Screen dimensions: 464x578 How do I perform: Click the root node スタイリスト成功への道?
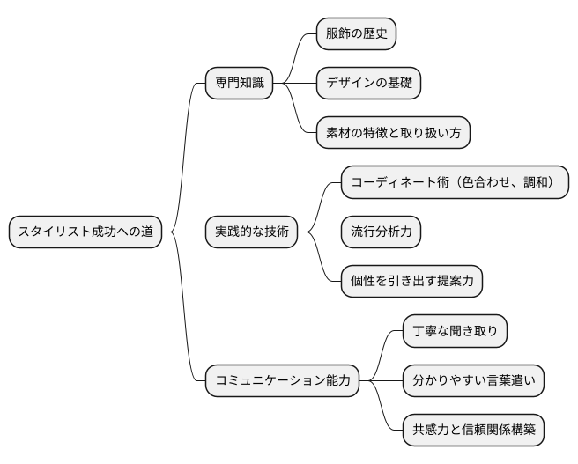[x=85, y=232]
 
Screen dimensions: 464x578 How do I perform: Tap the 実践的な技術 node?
[x=250, y=232]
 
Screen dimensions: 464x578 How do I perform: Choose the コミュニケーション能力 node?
[x=283, y=380]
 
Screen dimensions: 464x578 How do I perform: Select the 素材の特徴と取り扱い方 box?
[x=393, y=133]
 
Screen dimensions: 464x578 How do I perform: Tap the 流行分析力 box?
[x=381, y=232]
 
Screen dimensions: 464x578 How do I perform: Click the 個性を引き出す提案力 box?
[x=411, y=282]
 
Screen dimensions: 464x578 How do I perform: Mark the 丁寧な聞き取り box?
[x=455, y=331]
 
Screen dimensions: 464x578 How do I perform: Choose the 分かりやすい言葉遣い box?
[x=474, y=380]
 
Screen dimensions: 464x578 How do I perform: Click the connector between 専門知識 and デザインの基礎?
[x=294, y=84]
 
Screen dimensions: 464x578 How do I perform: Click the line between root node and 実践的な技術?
[x=183, y=232]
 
